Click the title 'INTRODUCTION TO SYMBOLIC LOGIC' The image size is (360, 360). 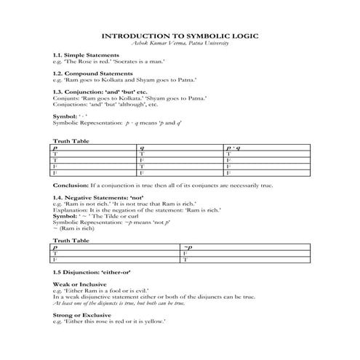pos(179,35)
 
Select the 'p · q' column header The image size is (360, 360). pos(232,147)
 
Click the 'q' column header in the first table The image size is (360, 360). pos(142,147)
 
